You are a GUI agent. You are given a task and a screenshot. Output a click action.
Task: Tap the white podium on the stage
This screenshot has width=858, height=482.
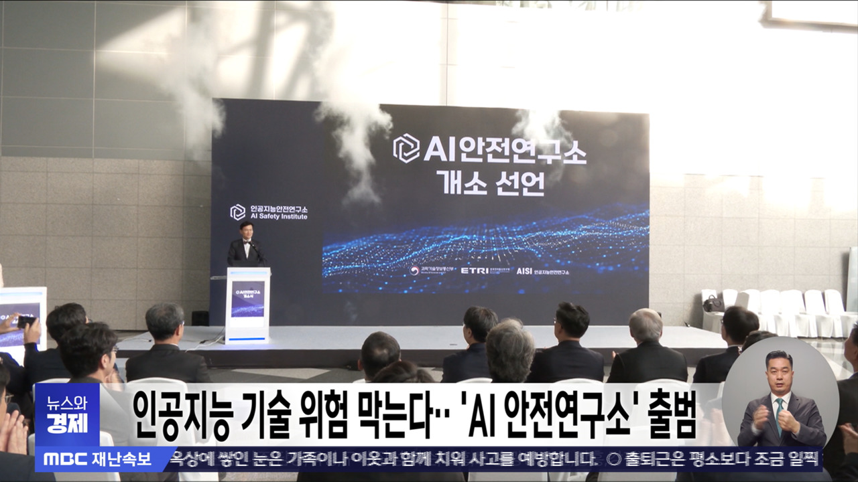coord(247,305)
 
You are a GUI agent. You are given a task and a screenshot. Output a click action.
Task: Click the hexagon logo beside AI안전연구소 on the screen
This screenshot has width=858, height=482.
coord(406,148)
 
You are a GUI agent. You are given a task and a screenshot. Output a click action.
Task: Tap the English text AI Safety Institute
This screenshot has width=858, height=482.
coord(278,217)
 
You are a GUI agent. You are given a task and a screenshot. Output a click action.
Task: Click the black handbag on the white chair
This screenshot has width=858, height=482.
coord(713,304)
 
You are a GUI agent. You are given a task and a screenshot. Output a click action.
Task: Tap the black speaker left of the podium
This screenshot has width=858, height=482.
coord(200,318)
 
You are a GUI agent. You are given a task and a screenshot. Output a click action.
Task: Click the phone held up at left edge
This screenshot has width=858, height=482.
coord(26,321)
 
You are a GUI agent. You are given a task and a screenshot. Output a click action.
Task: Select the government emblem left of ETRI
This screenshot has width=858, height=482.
coord(415,271)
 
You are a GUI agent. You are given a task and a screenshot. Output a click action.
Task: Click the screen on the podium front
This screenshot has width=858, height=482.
coord(247,299)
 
